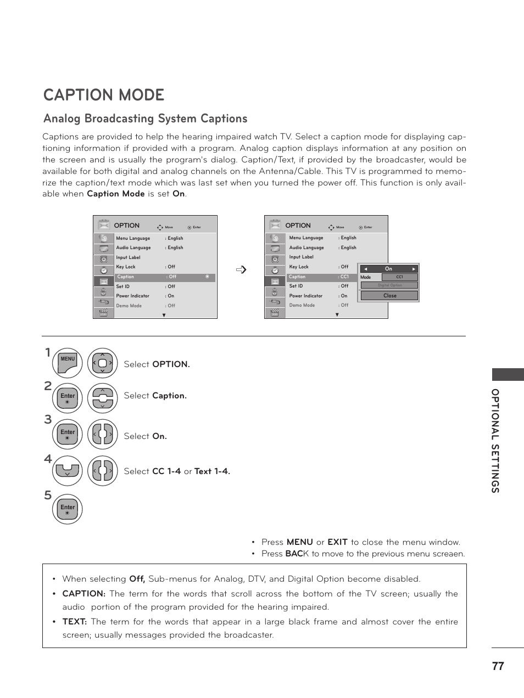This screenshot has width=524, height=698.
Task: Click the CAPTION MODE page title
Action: tap(104, 95)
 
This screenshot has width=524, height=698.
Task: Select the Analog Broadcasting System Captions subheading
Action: tap(145, 119)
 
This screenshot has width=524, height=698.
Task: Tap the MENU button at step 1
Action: tap(68, 363)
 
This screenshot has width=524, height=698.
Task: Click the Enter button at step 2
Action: tap(68, 398)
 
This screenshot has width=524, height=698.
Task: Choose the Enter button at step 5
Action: tap(68, 509)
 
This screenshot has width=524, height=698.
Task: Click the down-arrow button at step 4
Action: tap(68, 471)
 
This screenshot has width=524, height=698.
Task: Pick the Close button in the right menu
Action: tap(389, 296)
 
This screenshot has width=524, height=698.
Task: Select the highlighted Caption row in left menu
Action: tap(164, 277)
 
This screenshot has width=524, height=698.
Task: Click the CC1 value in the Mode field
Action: tap(399, 277)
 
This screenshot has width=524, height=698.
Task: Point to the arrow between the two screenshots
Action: tap(241, 269)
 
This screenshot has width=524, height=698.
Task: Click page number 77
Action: tap(498, 666)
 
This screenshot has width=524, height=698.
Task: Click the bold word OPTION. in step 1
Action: tap(171, 364)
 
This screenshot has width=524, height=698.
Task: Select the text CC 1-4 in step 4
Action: tap(166, 471)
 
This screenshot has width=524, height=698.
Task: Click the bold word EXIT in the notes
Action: tap(337, 542)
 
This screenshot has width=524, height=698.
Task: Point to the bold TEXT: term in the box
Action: tap(74, 622)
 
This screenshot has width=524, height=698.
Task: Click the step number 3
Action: tap(48, 420)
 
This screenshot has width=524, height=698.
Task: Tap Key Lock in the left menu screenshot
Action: tap(126, 267)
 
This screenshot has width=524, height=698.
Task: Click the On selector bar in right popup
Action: tap(389, 269)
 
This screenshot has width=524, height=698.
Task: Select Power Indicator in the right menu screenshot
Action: tap(306, 296)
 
